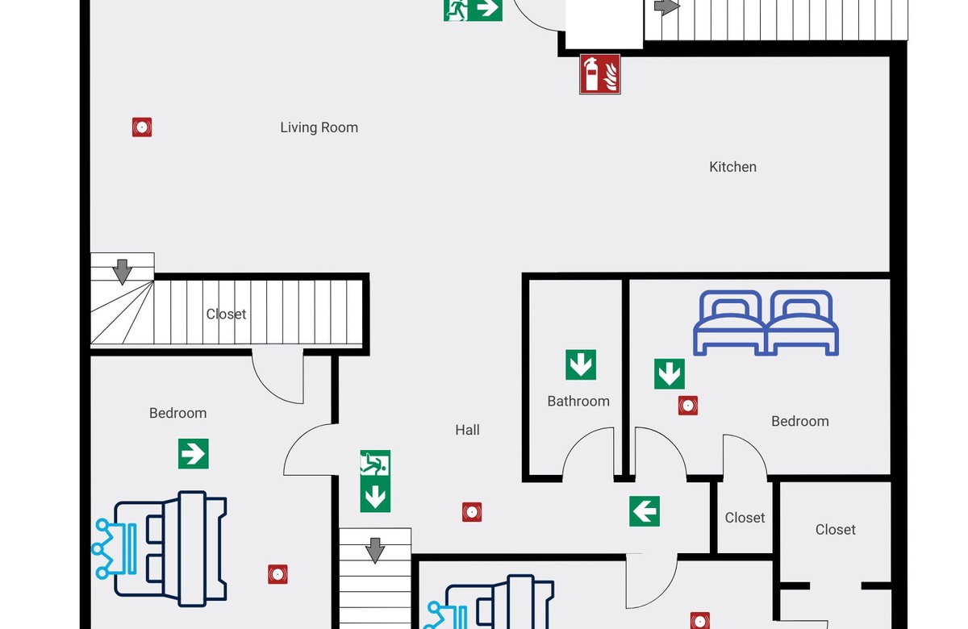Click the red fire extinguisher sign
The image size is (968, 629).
[600, 74]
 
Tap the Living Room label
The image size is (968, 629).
[319, 127]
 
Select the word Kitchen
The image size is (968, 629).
[732, 167]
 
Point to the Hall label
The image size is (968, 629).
[467, 430]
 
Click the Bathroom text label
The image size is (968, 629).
[578, 401]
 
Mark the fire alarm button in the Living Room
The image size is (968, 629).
[142, 127]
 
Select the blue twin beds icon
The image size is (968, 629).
[766, 323]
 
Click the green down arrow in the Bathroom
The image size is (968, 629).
[581, 364]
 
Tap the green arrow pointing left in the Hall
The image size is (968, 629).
[645, 511]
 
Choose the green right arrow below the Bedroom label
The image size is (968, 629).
[193, 453]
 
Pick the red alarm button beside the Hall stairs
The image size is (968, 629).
[472, 512]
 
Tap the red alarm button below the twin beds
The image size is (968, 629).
[688, 406]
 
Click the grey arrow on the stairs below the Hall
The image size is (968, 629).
[375, 550]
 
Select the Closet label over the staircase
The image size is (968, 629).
[226, 314]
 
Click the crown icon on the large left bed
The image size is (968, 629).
[114, 548]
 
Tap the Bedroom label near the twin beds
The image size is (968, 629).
[800, 421]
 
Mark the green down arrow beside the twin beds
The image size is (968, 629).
[670, 373]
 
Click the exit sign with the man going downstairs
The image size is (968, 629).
[375, 463]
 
